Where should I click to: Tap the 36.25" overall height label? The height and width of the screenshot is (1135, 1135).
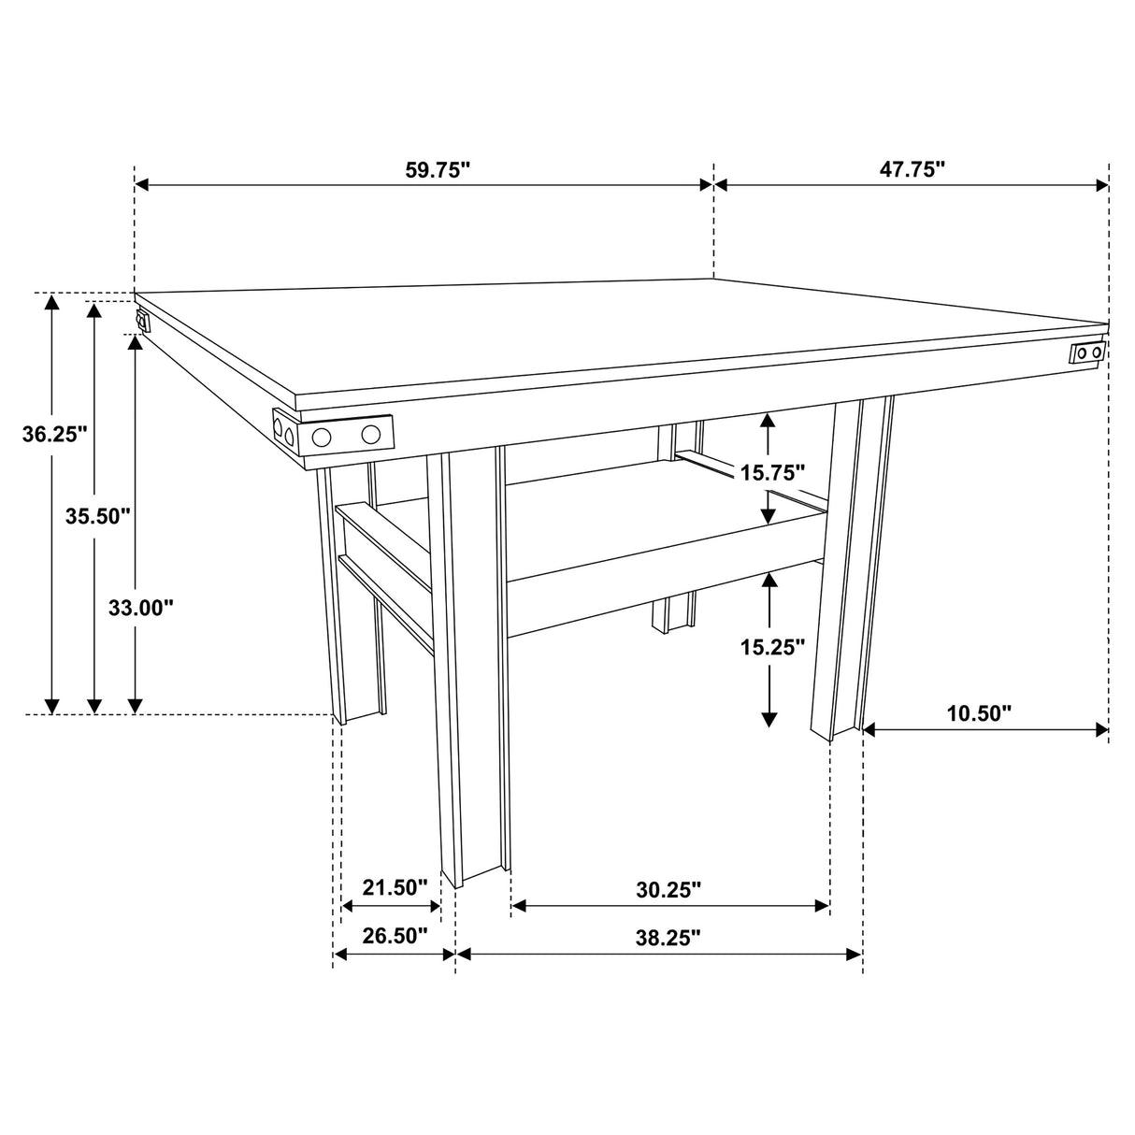[54, 434]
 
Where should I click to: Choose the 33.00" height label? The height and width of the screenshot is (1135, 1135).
[141, 608]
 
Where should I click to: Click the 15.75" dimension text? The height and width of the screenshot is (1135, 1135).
[772, 472]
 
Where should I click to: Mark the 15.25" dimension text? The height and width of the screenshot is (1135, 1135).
[772, 646]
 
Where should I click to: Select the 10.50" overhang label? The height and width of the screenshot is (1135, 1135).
[979, 714]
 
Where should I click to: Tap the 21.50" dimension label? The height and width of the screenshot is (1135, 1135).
[395, 887]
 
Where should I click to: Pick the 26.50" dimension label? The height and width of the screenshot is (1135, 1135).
[395, 936]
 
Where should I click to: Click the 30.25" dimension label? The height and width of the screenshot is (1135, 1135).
[668, 889]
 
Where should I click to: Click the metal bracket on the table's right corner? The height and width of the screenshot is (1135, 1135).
[1087, 352]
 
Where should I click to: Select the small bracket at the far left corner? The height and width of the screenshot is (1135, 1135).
[142, 323]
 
